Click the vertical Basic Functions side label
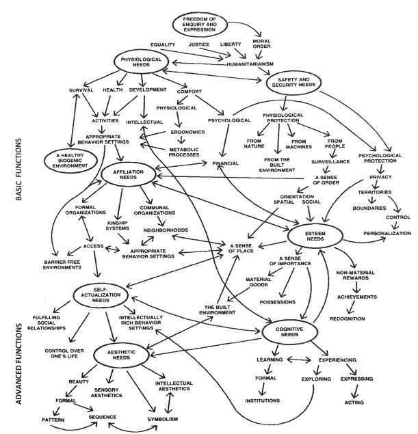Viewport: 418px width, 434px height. click(19, 170)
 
